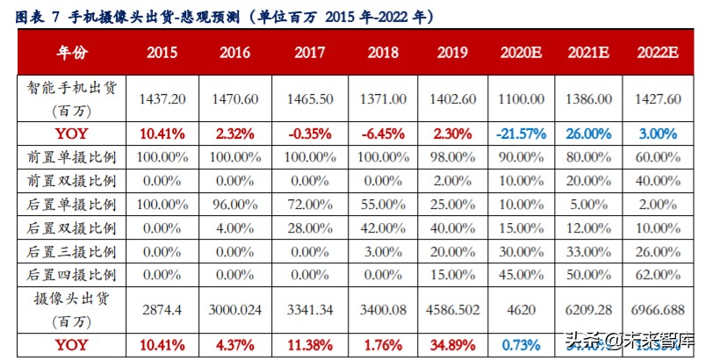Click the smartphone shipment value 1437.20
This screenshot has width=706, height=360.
tap(162, 99)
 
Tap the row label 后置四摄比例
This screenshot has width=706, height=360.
tap(72, 274)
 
